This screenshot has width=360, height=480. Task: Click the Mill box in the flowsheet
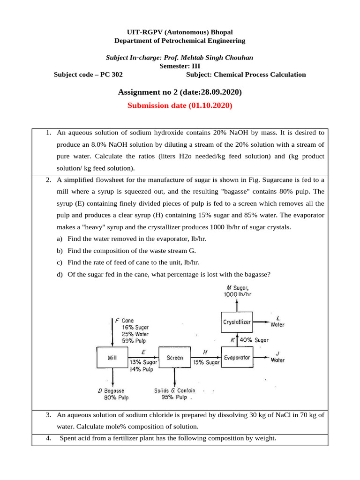[112, 358]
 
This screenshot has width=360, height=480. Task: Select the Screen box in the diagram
[175, 358]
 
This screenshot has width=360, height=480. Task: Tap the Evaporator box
[237, 358]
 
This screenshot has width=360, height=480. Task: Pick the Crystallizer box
[237, 322]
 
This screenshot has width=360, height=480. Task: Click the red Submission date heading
[180, 106]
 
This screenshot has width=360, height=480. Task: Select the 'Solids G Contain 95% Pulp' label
[175, 394]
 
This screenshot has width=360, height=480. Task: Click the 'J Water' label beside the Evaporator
[277, 357]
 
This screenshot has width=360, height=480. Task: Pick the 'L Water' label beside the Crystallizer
[277, 321]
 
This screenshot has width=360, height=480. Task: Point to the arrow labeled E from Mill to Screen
[143, 357]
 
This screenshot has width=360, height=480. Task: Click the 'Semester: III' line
[180, 66]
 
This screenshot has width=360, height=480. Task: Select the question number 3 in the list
[48, 415]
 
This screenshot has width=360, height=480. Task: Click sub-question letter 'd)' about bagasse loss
[60, 274]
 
